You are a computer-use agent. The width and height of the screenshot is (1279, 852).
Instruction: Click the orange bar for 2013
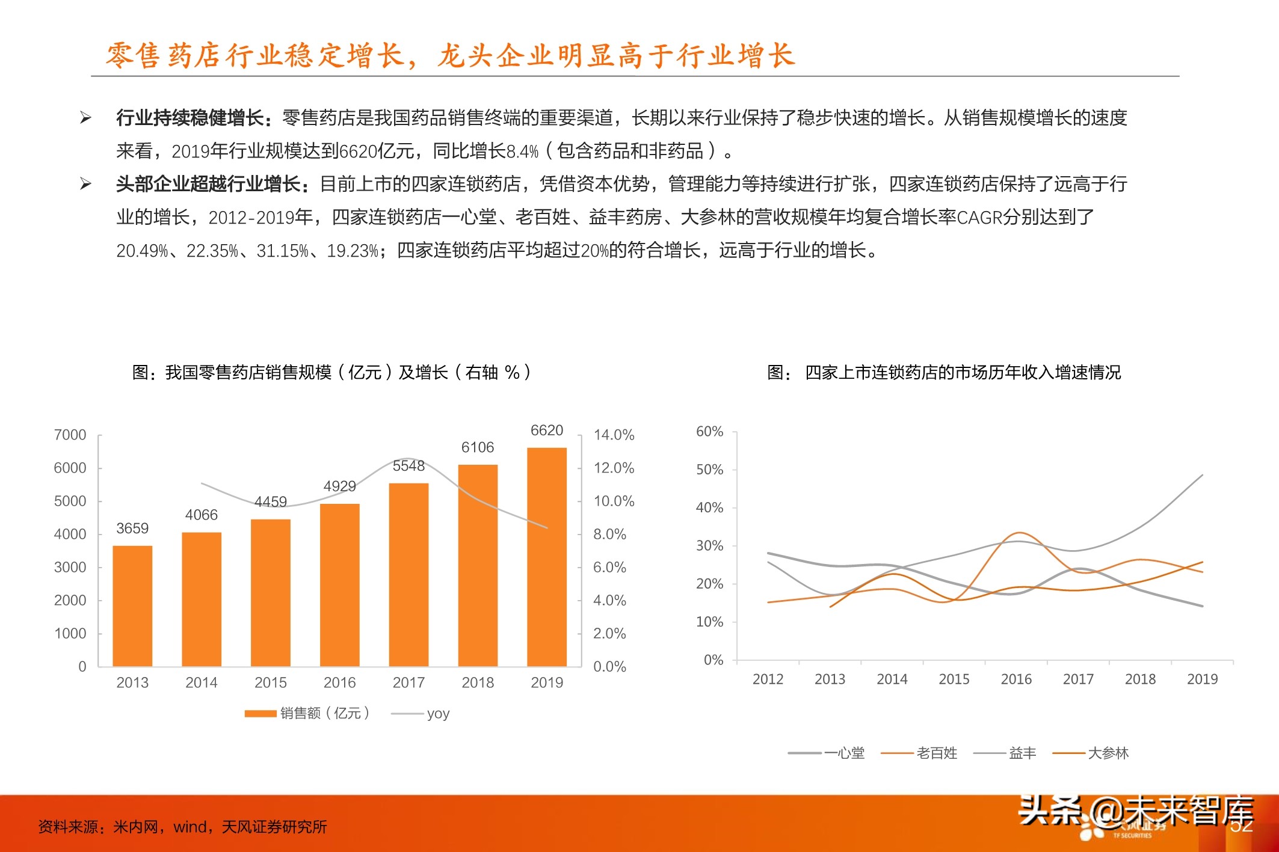132,605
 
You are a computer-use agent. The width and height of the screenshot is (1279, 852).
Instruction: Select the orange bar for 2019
547,557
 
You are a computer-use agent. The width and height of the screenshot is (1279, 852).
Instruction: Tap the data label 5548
408,466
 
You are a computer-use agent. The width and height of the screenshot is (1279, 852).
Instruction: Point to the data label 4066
201,515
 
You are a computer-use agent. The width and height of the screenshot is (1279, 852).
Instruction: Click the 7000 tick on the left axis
70,435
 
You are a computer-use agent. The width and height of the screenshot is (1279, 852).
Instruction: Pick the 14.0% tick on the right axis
614,435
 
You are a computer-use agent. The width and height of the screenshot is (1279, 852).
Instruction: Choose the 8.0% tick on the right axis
609,534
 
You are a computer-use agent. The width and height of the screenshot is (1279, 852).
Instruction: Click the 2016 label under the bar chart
339,682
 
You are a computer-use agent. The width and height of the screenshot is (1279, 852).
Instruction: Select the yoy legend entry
421,714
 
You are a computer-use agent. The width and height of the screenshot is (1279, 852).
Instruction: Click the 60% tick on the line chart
709,431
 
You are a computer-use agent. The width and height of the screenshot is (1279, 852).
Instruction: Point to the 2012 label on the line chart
768,679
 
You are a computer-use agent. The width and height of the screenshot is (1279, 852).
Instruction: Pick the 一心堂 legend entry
827,753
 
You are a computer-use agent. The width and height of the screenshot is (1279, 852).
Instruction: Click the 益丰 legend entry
1005,753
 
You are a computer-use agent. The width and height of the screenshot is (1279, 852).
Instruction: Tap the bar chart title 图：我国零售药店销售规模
331,372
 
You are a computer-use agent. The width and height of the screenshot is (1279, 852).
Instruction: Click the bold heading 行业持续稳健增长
190,117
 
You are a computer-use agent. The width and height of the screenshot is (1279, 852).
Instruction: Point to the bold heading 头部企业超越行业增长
208,183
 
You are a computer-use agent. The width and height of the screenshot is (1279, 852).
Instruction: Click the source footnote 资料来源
182,827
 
